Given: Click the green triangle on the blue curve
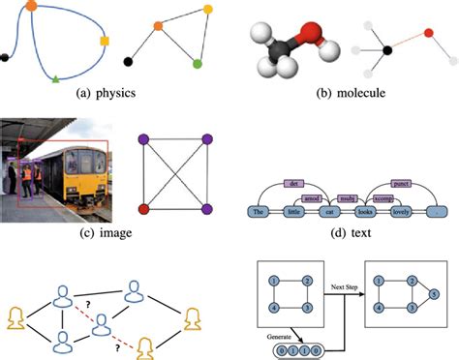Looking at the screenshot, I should tap(55, 76).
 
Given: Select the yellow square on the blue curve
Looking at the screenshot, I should tap(104, 41).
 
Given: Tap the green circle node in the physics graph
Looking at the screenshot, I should tap(198, 64).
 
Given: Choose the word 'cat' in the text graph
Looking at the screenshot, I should tap(329, 211).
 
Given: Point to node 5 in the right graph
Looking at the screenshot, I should tap(433, 293).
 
